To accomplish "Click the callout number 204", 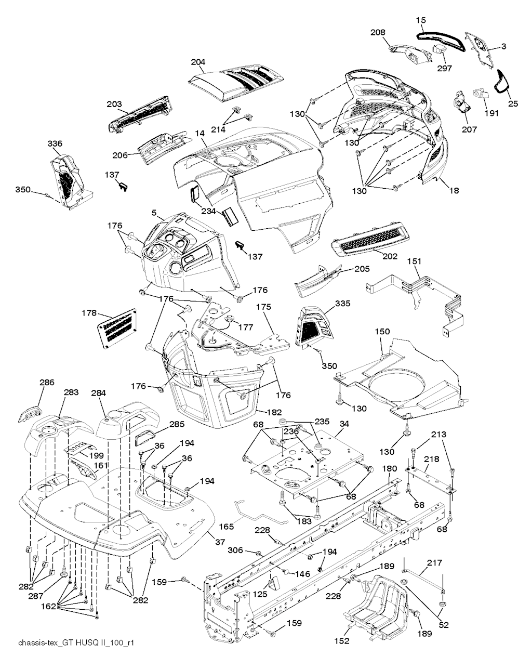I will tap(198, 61).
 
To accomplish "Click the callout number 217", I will tap(434, 562).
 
